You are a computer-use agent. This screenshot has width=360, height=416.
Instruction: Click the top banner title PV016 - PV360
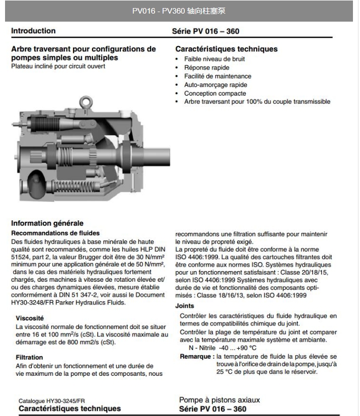point(179,11)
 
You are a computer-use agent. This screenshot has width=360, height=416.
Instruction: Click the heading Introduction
point(33,31)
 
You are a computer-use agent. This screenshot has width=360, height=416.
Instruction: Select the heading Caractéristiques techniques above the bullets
point(226,49)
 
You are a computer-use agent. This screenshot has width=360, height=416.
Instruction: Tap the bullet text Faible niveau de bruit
point(214,59)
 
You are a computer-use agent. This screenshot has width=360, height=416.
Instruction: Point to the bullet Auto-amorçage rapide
point(215,85)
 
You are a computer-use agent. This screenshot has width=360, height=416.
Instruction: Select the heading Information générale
point(47,223)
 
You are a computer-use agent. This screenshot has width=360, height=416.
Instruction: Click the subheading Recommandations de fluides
point(55,233)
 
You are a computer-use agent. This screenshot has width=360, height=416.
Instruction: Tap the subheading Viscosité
point(30,318)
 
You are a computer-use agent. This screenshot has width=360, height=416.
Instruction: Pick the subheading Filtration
point(29,357)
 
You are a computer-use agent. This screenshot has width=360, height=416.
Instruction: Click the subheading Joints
point(185,306)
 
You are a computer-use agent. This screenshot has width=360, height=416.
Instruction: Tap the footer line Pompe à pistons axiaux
point(220,400)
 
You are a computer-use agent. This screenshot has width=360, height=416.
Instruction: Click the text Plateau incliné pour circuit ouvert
point(58,66)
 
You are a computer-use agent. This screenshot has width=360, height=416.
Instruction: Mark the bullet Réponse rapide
point(206,67)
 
